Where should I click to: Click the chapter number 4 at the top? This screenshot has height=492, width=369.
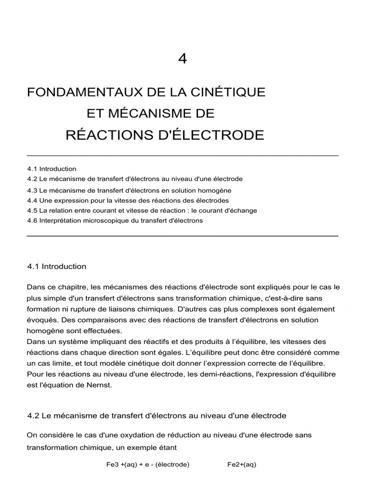pos(183,59)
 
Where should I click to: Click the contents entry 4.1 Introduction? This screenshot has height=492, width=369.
pos(52,169)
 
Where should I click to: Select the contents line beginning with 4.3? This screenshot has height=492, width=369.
pos(129,190)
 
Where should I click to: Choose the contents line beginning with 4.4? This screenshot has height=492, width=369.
pos(128,200)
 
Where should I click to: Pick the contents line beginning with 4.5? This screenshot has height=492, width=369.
pos(142,210)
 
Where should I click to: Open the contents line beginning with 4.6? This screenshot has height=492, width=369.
pos(115,221)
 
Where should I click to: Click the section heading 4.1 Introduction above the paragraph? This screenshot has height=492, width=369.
pos(57,266)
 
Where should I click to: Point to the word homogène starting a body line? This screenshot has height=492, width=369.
pos(45,331)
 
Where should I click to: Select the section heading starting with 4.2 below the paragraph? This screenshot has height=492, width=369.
pos(157,415)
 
